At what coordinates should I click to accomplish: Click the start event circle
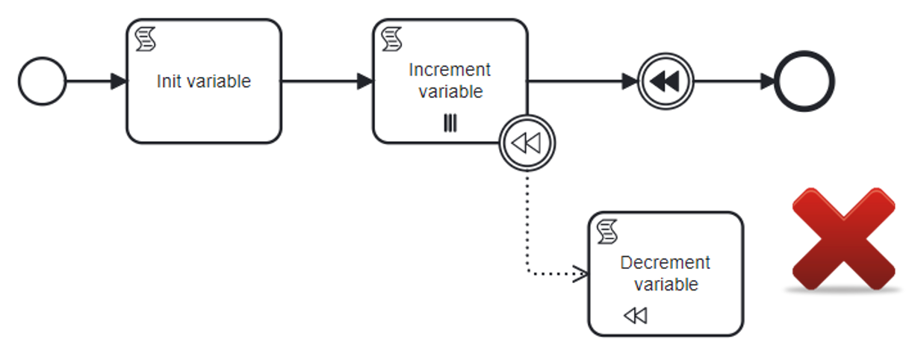[x=43, y=81]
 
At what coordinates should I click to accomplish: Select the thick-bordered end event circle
[x=804, y=81]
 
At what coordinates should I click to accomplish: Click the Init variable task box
[x=203, y=105]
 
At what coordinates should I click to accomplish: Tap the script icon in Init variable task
[x=145, y=40]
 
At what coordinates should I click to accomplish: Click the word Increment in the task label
[x=450, y=70]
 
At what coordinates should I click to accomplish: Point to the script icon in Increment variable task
[x=391, y=40]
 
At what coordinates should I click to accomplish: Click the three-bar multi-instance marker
[x=450, y=123]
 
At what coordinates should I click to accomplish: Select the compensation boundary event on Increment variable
[x=527, y=143]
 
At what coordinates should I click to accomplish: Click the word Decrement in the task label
[x=665, y=263]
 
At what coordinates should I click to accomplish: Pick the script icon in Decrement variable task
[x=608, y=232]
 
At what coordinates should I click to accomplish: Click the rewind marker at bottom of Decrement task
[x=635, y=316]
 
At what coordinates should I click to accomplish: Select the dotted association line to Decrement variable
[x=527, y=224]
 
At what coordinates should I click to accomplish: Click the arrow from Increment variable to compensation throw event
[x=583, y=81]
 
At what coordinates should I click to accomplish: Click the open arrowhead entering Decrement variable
[x=580, y=274]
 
